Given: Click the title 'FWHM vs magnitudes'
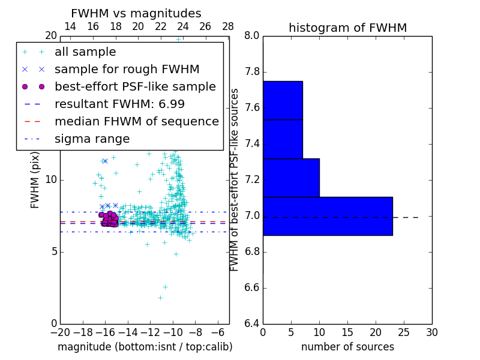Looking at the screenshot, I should [136, 14].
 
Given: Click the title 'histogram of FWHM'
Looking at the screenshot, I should [347, 28].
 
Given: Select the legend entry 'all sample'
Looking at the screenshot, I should [85, 52].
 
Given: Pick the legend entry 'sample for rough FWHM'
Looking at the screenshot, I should [127, 70].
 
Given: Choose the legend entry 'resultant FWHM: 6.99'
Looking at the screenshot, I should [119, 104].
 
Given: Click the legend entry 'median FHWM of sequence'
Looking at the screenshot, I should [136, 122].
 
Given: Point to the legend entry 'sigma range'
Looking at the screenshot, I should [92, 139].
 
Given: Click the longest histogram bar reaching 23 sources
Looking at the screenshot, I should [328, 216].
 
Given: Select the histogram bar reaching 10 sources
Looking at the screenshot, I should [291, 178].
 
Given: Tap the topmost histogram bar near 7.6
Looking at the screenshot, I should [283, 100].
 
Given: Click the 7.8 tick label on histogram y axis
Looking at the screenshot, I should [252, 72].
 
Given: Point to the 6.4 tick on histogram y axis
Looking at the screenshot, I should [252, 324].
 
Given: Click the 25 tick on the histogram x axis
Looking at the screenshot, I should [403, 332].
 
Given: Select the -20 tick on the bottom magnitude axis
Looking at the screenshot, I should [60, 332].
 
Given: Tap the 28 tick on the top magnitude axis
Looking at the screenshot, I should [228, 26].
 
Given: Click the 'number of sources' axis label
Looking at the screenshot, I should [347, 347].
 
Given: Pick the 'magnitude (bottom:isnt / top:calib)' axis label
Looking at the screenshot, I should [145, 347].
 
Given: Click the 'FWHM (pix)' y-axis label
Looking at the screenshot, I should [35, 179].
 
